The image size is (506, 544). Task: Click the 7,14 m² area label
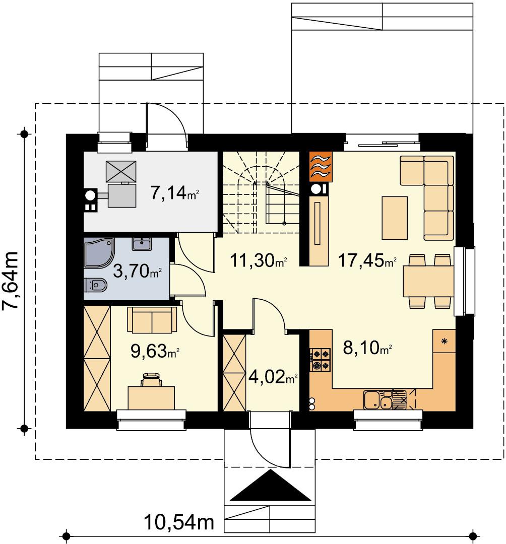[174, 192]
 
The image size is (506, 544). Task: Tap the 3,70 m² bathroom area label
[138, 271]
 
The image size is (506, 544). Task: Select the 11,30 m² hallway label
[259, 260]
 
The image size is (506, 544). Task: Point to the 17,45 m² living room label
[367, 260]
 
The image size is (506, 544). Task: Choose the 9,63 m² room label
[155, 351]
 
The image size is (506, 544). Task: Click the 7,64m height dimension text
[10, 280]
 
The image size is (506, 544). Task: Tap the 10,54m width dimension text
[179, 522]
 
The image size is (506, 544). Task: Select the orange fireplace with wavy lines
[321, 167]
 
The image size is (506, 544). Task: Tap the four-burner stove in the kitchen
[320, 360]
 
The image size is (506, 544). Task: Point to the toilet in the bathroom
[95, 285]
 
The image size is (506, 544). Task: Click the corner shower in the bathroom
[99, 253]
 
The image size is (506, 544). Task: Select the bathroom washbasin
[141, 244]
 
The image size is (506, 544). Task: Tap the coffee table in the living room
[395, 218]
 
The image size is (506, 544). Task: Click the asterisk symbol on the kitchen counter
[444, 342]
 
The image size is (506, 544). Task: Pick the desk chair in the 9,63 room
[151, 380]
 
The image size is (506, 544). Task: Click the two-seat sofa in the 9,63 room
[152, 319]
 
